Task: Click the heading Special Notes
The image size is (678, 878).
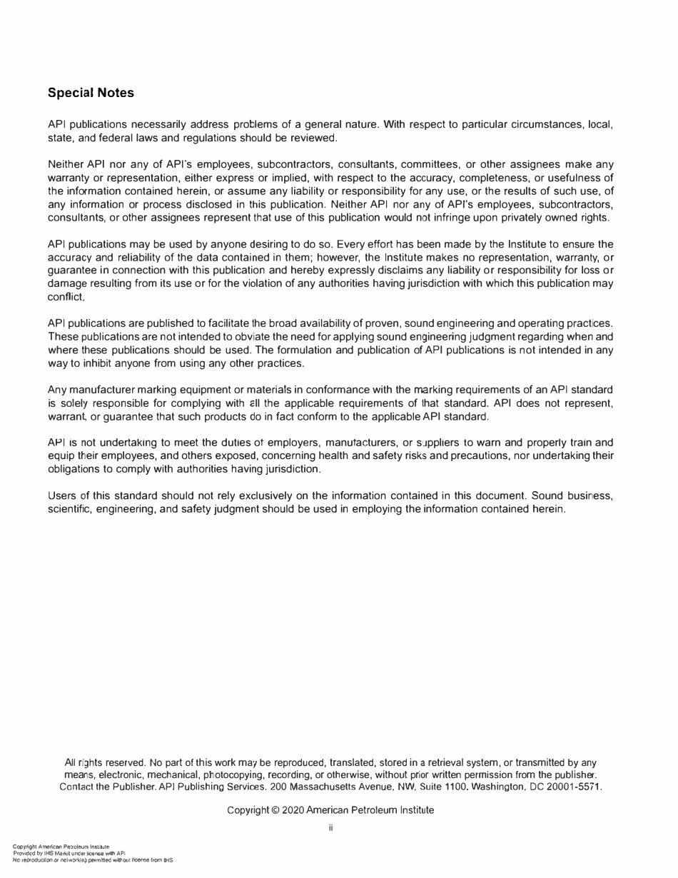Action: pyautogui.click(x=91, y=93)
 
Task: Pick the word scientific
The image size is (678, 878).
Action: pyautogui.click(x=71, y=509)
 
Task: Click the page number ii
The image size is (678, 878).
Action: pyautogui.click(x=330, y=828)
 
